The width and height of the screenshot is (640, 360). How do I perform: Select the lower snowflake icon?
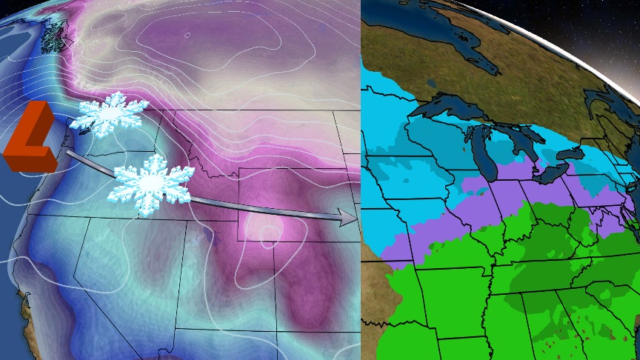tap(150, 184)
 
